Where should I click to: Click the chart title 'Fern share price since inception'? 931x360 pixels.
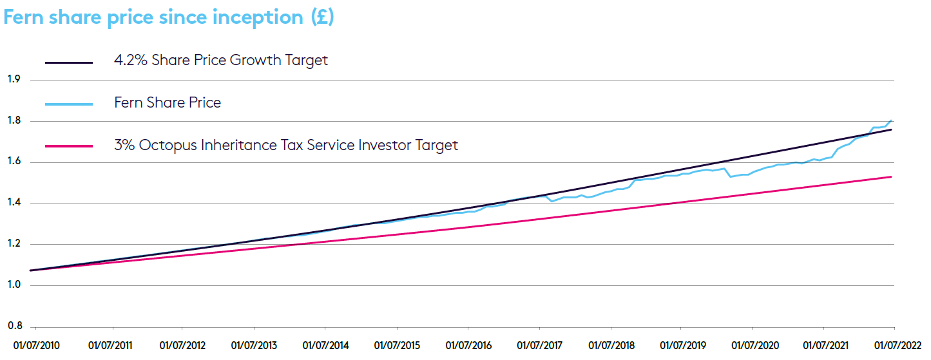click(x=169, y=17)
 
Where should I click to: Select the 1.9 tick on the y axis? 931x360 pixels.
click(x=13, y=80)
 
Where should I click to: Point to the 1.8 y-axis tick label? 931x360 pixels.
click(x=13, y=121)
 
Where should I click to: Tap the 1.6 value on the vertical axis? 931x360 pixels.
click(x=13, y=162)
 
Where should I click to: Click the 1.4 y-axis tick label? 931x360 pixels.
click(x=13, y=203)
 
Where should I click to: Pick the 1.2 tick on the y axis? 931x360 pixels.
click(x=13, y=244)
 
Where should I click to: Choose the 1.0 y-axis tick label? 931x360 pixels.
click(x=13, y=285)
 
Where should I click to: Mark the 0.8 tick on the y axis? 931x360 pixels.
click(x=13, y=326)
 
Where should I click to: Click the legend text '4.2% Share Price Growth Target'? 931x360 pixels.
click(x=221, y=61)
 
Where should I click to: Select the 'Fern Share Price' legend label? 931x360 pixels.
click(x=168, y=102)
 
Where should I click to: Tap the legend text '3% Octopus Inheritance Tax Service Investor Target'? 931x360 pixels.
click(x=286, y=145)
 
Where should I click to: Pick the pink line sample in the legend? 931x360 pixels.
click(x=69, y=146)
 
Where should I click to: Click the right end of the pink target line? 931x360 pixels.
click(x=891, y=177)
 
